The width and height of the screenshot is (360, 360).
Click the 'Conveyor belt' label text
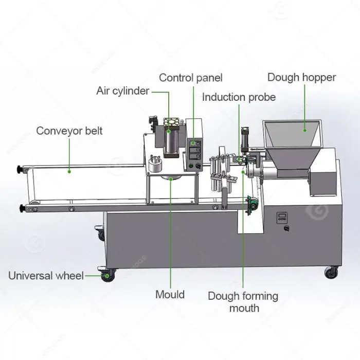pyautogui.click(x=69, y=131)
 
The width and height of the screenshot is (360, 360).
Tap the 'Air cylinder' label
pyautogui.click(x=123, y=91)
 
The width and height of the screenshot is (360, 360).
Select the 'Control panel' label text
pyautogui.click(x=190, y=78)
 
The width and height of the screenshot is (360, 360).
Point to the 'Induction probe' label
pyautogui.click(x=239, y=97)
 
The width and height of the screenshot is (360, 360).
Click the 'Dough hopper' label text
pyautogui.click(x=301, y=78)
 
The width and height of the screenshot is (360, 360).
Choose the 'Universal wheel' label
pyautogui.click(x=46, y=276)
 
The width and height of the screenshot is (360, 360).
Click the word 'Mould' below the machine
pyautogui.click(x=170, y=295)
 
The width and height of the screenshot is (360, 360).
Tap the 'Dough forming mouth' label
pyautogui.click(x=243, y=302)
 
